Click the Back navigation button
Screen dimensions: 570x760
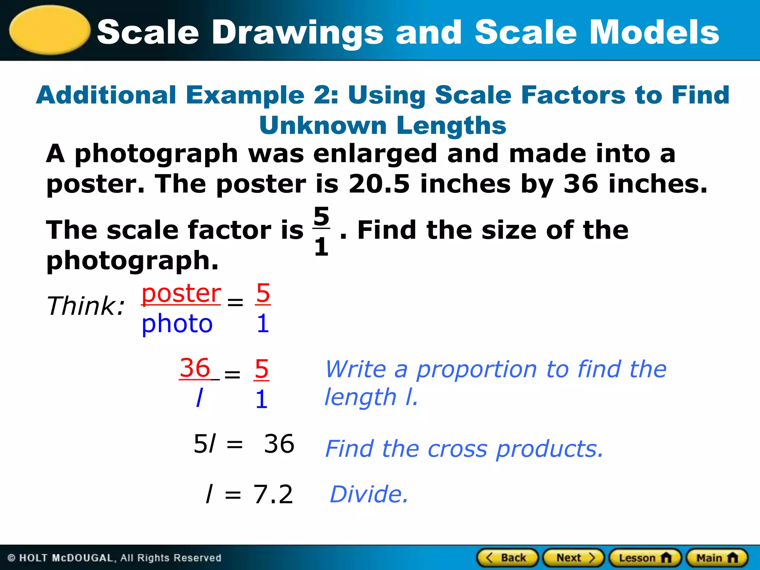coord(507,558)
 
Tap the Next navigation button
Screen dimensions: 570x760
coord(574,558)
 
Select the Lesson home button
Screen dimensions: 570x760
coord(645,558)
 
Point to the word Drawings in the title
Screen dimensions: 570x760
coord(297,33)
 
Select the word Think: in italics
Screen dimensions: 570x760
coord(86,306)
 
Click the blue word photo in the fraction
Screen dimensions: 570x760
coord(177,324)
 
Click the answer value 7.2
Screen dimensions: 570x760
coord(273,494)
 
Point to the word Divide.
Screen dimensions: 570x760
coord(369,494)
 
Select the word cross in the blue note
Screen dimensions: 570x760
coord(457,449)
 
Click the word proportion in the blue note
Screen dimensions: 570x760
coord(476,370)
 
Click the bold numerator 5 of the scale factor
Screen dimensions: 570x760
coord(321,216)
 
